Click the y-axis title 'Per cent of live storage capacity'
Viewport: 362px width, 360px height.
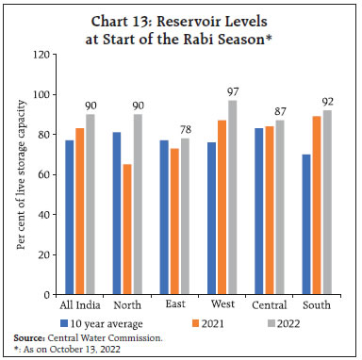click(x=20, y=175)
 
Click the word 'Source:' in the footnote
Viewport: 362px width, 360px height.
click(x=30, y=335)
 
